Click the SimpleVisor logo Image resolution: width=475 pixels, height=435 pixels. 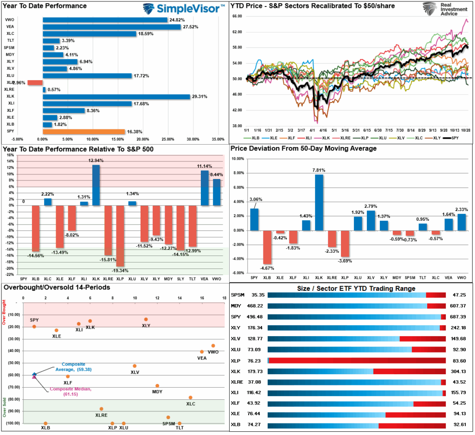pos(183,9)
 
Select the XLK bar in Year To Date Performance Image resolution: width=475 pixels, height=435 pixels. pos(116,96)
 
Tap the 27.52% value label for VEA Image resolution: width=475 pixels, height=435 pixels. pos(191,27)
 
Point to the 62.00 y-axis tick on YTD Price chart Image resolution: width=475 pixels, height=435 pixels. pos(237,32)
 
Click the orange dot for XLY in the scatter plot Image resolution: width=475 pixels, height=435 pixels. pos(146,319)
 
